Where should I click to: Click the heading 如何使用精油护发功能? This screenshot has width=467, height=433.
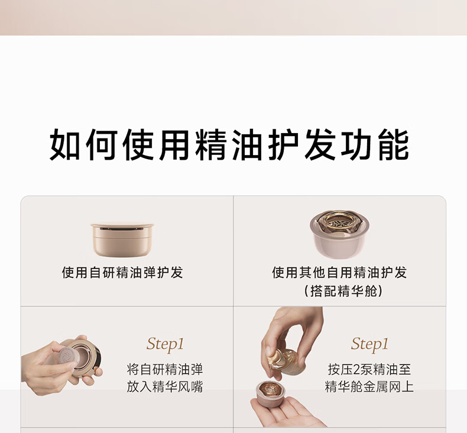pyautogui.click(x=229, y=145)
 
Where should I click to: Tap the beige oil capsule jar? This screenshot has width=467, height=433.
pyautogui.click(x=122, y=240)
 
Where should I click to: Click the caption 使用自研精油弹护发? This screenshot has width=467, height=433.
pyautogui.click(x=122, y=272)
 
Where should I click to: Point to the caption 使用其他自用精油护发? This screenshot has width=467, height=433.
pyautogui.click(x=339, y=272)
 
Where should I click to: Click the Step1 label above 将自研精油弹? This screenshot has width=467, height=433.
pyautogui.click(x=165, y=344)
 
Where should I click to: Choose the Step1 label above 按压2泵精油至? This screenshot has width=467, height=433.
pyautogui.click(x=369, y=344)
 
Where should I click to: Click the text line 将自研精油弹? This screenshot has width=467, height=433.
pyautogui.click(x=165, y=370)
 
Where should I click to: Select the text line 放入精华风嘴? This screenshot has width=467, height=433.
pyautogui.click(x=165, y=387)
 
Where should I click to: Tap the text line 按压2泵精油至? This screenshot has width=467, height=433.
pyautogui.click(x=369, y=370)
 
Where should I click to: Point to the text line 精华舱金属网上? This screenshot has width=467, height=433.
pyautogui.click(x=369, y=387)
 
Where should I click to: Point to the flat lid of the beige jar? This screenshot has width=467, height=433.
pyautogui.click(x=122, y=225)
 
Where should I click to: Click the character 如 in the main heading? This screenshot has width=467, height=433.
pyautogui.click(x=64, y=145)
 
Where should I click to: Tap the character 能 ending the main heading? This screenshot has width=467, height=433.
pyautogui.click(x=394, y=145)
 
